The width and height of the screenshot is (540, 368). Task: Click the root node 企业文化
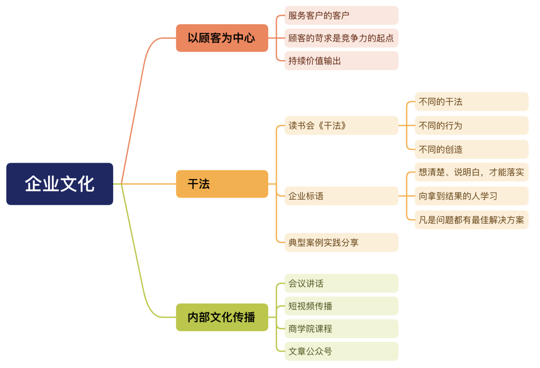(x=60, y=184)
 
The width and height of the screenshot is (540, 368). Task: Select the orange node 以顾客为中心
(x=222, y=38)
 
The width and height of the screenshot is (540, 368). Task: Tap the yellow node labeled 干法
(x=222, y=184)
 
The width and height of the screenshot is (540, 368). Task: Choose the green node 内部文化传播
(x=222, y=317)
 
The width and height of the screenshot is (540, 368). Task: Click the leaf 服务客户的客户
(x=341, y=15)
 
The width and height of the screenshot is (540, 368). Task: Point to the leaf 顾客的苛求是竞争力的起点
(x=341, y=38)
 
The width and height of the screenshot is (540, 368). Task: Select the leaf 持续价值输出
(x=341, y=61)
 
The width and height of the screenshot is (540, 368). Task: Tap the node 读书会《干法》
(x=341, y=126)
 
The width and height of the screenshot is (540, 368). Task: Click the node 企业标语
(x=341, y=196)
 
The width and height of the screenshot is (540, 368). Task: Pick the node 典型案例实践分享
(x=341, y=242)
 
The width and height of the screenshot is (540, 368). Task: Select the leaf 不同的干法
(x=471, y=102)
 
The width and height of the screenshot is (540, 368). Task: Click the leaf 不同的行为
(x=471, y=126)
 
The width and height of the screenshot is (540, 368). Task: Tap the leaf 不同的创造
(x=471, y=149)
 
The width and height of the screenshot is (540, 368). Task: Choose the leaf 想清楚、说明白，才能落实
(x=471, y=172)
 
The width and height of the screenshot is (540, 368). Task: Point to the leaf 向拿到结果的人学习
(x=471, y=196)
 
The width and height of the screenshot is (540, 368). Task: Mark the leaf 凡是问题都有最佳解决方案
(x=471, y=220)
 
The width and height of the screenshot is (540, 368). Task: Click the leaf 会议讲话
(x=341, y=283)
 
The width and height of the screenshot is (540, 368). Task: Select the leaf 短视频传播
(x=341, y=306)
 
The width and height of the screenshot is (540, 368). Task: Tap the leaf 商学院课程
(x=341, y=329)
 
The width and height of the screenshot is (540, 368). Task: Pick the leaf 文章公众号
(x=341, y=351)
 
